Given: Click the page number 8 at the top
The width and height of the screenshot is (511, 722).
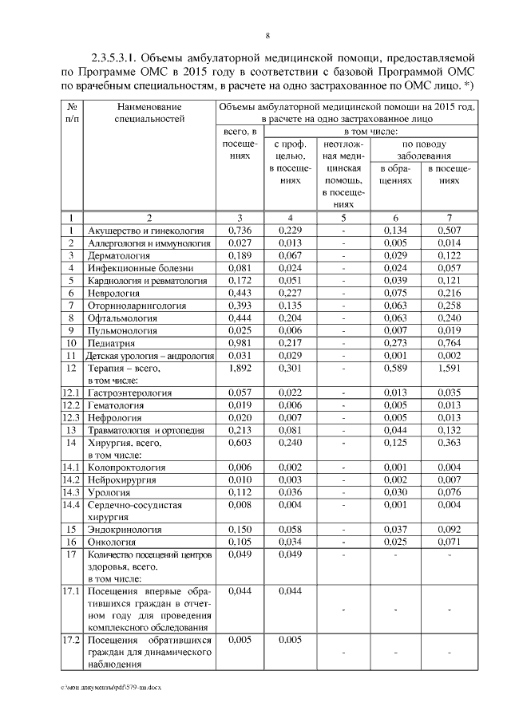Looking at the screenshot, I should point(267,35).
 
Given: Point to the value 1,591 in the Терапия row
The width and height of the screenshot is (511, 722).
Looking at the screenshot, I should point(450,369).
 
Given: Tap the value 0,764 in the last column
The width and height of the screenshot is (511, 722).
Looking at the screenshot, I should point(450,343).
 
